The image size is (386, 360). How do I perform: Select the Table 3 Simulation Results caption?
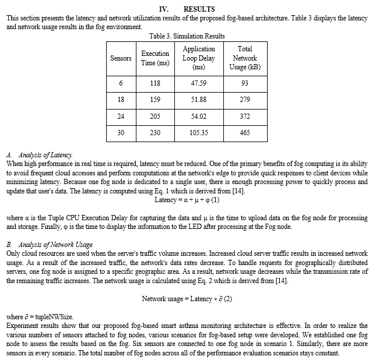click(187, 36)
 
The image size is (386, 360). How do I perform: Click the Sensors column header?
click(121, 58)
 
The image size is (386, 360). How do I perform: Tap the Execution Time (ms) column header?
click(155, 58)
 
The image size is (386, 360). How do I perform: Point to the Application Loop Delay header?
click(198, 58)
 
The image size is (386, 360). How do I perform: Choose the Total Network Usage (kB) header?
click(245, 58)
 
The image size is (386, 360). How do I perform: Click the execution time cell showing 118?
click(155, 83)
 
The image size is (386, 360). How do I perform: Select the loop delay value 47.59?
click(198, 83)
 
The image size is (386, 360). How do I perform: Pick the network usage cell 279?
click(245, 100)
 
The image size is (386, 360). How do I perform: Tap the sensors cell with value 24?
click(121, 116)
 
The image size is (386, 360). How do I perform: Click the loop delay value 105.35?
click(198, 133)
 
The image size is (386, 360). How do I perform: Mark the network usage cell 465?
click(245, 133)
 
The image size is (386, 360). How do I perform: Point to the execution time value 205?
click(155, 116)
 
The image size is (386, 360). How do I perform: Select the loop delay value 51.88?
click(198, 100)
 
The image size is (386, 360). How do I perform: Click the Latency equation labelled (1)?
click(187, 200)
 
